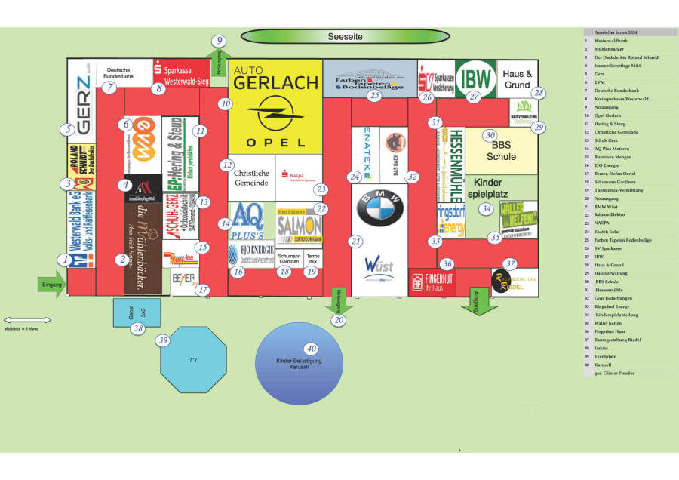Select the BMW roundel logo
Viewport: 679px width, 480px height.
click(x=380, y=209)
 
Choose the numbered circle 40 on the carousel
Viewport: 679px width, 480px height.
click(x=310, y=349)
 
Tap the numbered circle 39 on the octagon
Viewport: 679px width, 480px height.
click(x=164, y=341)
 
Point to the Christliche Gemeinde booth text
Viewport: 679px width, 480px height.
click(x=251, y=178)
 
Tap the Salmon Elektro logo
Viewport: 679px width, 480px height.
click(x=300, y=226)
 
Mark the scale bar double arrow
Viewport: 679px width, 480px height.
click(x=27, y=320)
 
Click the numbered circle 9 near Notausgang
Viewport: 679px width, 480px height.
click(x=219, y=42)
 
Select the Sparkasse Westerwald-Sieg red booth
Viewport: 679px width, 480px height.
click(x=182, y=73)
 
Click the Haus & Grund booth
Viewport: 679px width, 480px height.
click(x=518, y=79)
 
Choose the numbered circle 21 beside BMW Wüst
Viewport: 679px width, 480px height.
click(x=355, y=242)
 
